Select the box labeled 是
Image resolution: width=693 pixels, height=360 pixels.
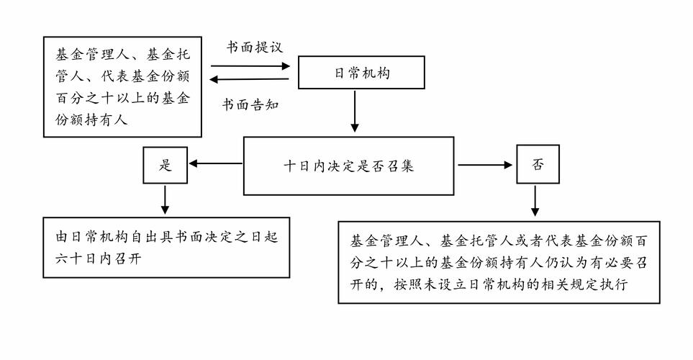[x=166, y=165]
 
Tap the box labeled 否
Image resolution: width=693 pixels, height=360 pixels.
[x=538, y=165]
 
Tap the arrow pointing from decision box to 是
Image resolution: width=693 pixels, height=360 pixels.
[x=216, y=165]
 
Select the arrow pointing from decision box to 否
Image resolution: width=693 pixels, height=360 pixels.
[x=485, y=165]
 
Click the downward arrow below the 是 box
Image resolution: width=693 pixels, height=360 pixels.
[x=166, y=199]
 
